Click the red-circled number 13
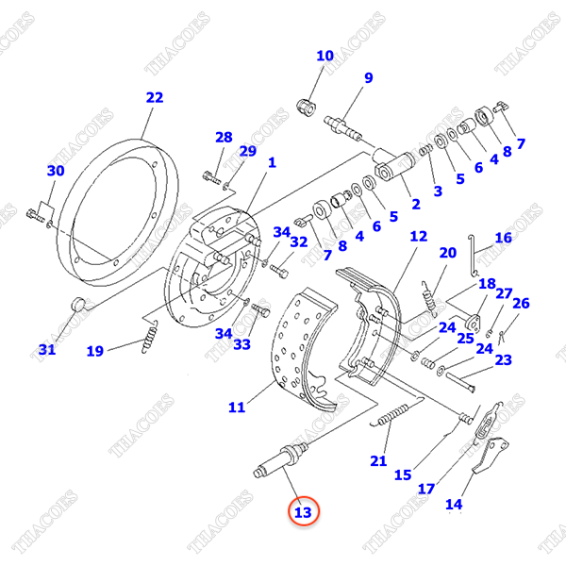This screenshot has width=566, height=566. [x=302, y=512]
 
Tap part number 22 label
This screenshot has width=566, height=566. [x=155, y=97]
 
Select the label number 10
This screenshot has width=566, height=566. [x=325, y=56]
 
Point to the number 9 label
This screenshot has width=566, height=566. [x=368, y=77]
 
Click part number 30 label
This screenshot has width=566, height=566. [x=56, y=171]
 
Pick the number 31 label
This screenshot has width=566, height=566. [x=47, y=350]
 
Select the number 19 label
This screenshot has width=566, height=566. [x=95, y=352]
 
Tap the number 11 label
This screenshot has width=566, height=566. [x=237, y=408]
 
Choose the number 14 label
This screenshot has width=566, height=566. [x=454, y=504]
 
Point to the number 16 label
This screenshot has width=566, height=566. [x=504, y=238]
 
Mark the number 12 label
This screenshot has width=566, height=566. [x=418, y=236]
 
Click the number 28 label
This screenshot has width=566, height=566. [x=223, y=138]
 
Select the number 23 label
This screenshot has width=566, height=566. [x=503, y=359]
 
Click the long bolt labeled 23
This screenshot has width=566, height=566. [x=461, y=379]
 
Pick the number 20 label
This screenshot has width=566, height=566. [x=447, y=253]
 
